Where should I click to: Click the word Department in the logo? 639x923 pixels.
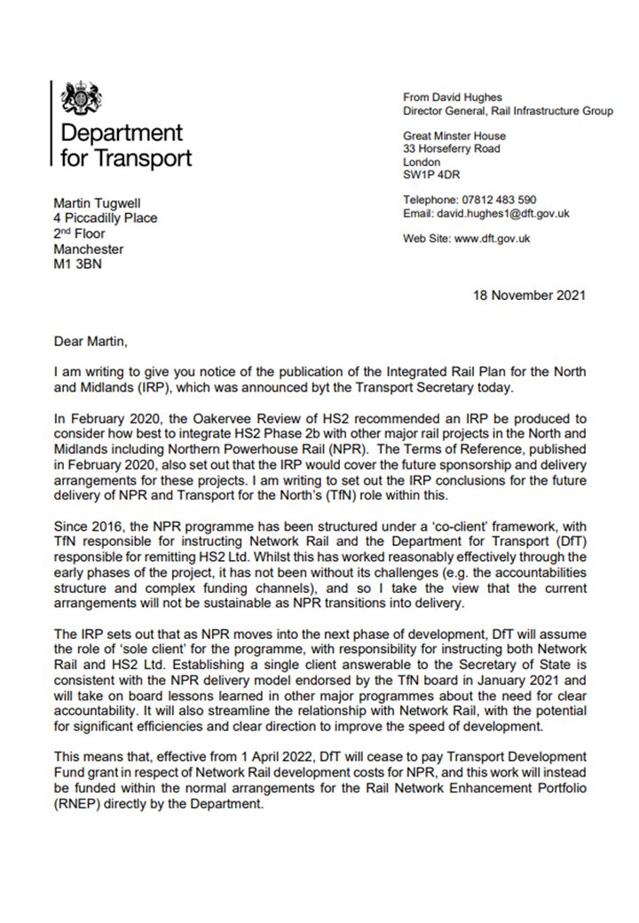[x=121, y=134]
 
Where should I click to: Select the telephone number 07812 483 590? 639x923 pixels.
[x=499, y=200]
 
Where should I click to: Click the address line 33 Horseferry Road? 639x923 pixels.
[x=451, y=149]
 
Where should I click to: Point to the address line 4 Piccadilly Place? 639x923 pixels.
[x=105, y=217]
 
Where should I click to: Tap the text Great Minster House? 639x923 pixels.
[x=454, y=136]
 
